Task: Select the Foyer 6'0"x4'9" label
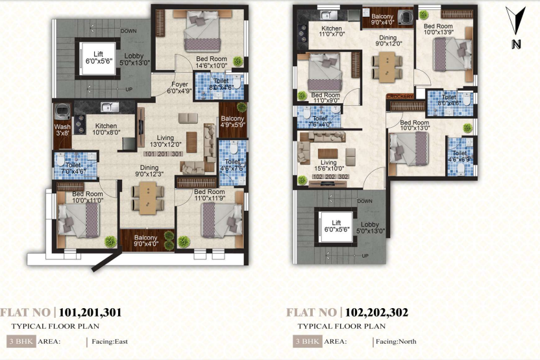[x=180, y=88]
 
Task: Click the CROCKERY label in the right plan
[x=400, y=97]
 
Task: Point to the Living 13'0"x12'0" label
[x=165, y=140]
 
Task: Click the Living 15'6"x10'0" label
[x=328, y=166]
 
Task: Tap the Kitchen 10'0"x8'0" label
[x=105, y=129]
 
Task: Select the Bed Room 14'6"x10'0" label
[x=212, y=62]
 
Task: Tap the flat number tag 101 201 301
[x=165, y=154]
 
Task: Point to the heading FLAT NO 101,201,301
[x=62, y=313]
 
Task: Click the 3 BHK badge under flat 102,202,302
[x=305, y=341]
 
